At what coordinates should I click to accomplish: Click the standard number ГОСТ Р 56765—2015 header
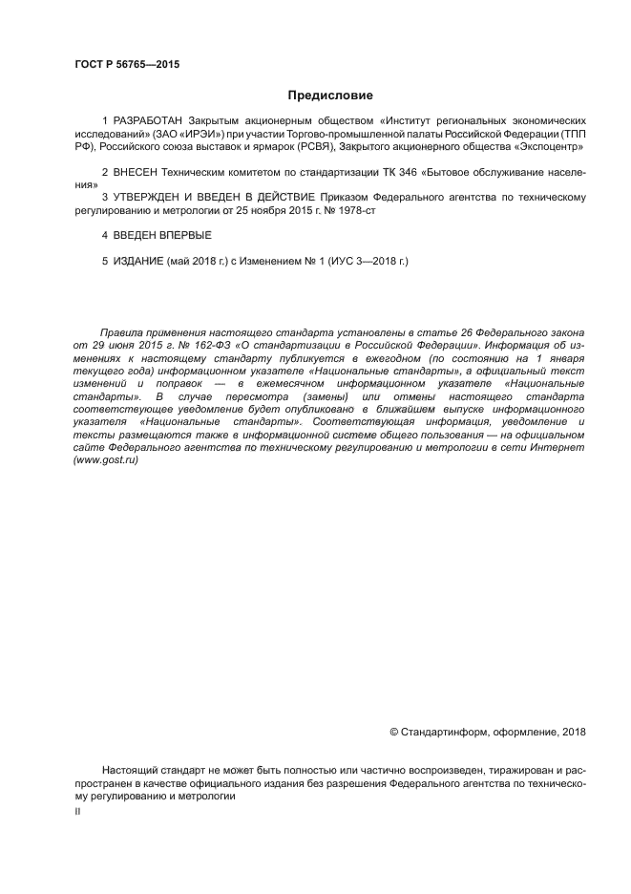(x=127, y=65)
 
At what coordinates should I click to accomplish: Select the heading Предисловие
(x=330, y=96)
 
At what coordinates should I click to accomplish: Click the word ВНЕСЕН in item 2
(x=136, y=173)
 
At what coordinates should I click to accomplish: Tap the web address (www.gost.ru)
(x=106, y=460)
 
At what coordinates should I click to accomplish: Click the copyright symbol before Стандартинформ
(x=395, y=733)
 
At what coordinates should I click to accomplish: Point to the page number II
(x=77, y=810)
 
